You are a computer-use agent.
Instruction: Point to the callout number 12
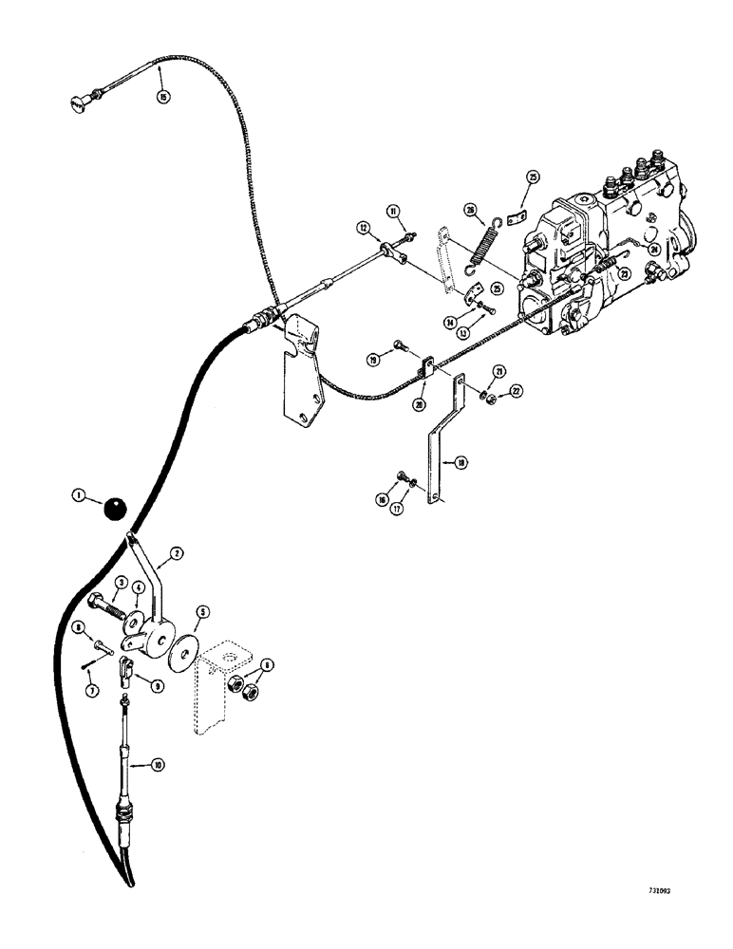coord(362,227)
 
